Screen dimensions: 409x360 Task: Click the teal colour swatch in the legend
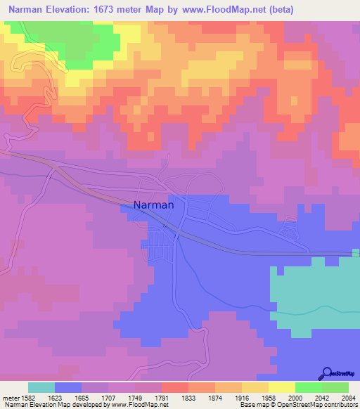pyautogui.click(x=41, y=387)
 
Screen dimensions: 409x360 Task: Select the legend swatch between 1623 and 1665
pyautogui.click(x=68, y=387)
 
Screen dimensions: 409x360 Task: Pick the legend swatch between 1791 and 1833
pyautogui.click(x=175, y=387)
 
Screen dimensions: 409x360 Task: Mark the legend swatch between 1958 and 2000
pyautogui.click(x=281, y=387)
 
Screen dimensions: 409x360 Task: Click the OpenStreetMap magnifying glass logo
pyautogui.click(x=326, y=372)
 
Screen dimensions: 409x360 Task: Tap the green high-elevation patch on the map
pyautogui.click(x=84, y=42)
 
